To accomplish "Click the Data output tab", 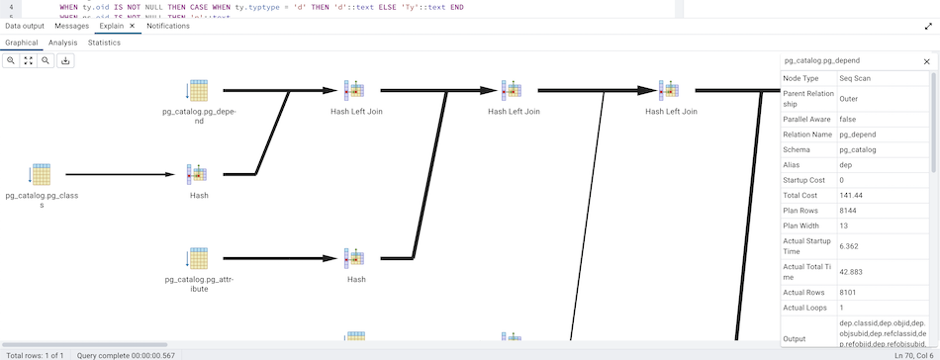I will pyautogui.click(x=26, y=26).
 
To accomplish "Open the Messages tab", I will pyautogui.click(x=71, y=26).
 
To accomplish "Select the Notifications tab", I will pyautogui.click(x=168, y=26).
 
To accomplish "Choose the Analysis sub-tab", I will pyautogui.click(x=62, y=43).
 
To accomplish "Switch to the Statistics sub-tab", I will pyautogui.click(x=104, y=43).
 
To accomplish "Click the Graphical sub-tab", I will pyautogui.click(x=22, y=43).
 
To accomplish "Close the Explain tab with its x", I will pyautogui.click(x=132, y=26).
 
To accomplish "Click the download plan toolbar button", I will pyautogui.click(x=65, y=60).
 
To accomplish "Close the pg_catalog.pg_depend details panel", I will pyautogui.click(x=926, y=61).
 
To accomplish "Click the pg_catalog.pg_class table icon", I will pyautogui.click(x=40, y=175).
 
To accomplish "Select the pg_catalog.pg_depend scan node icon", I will pyautogui.click(x=198, y=91).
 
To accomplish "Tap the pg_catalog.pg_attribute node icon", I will pyautogui.click(x=198, y=259).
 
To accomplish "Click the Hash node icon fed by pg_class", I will pyautogui.click(x=198, y=175).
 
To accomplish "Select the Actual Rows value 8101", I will pyautogui.click(x=850, y=292).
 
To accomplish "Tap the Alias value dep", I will pyautogui.click(x=846, y=165).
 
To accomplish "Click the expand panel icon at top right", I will pyautogui.click(x=928, y=26).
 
